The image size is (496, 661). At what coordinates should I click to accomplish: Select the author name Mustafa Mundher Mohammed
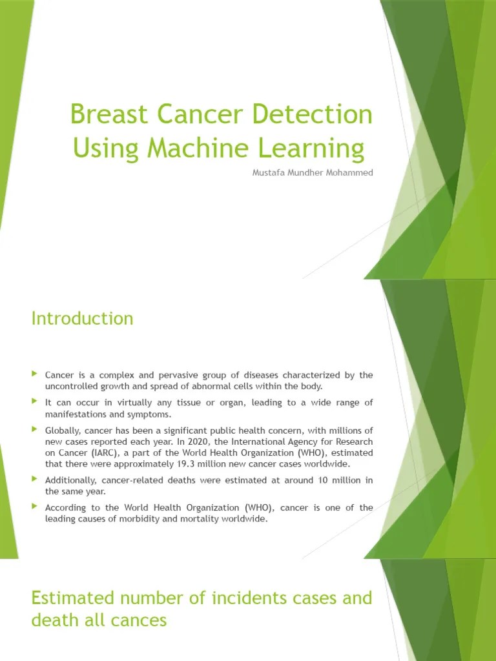point(313,174)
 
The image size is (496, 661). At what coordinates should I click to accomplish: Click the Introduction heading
point(82,318)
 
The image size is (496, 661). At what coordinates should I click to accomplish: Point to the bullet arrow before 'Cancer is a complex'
point(35,374)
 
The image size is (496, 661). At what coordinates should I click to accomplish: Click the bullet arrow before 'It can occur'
point(35,402)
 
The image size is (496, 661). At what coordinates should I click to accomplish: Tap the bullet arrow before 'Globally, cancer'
point(35,429)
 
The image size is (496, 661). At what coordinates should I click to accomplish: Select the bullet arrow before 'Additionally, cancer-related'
point(35,480)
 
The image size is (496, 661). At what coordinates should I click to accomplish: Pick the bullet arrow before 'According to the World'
point(35,507)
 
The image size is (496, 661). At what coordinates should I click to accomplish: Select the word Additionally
point(70,480)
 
